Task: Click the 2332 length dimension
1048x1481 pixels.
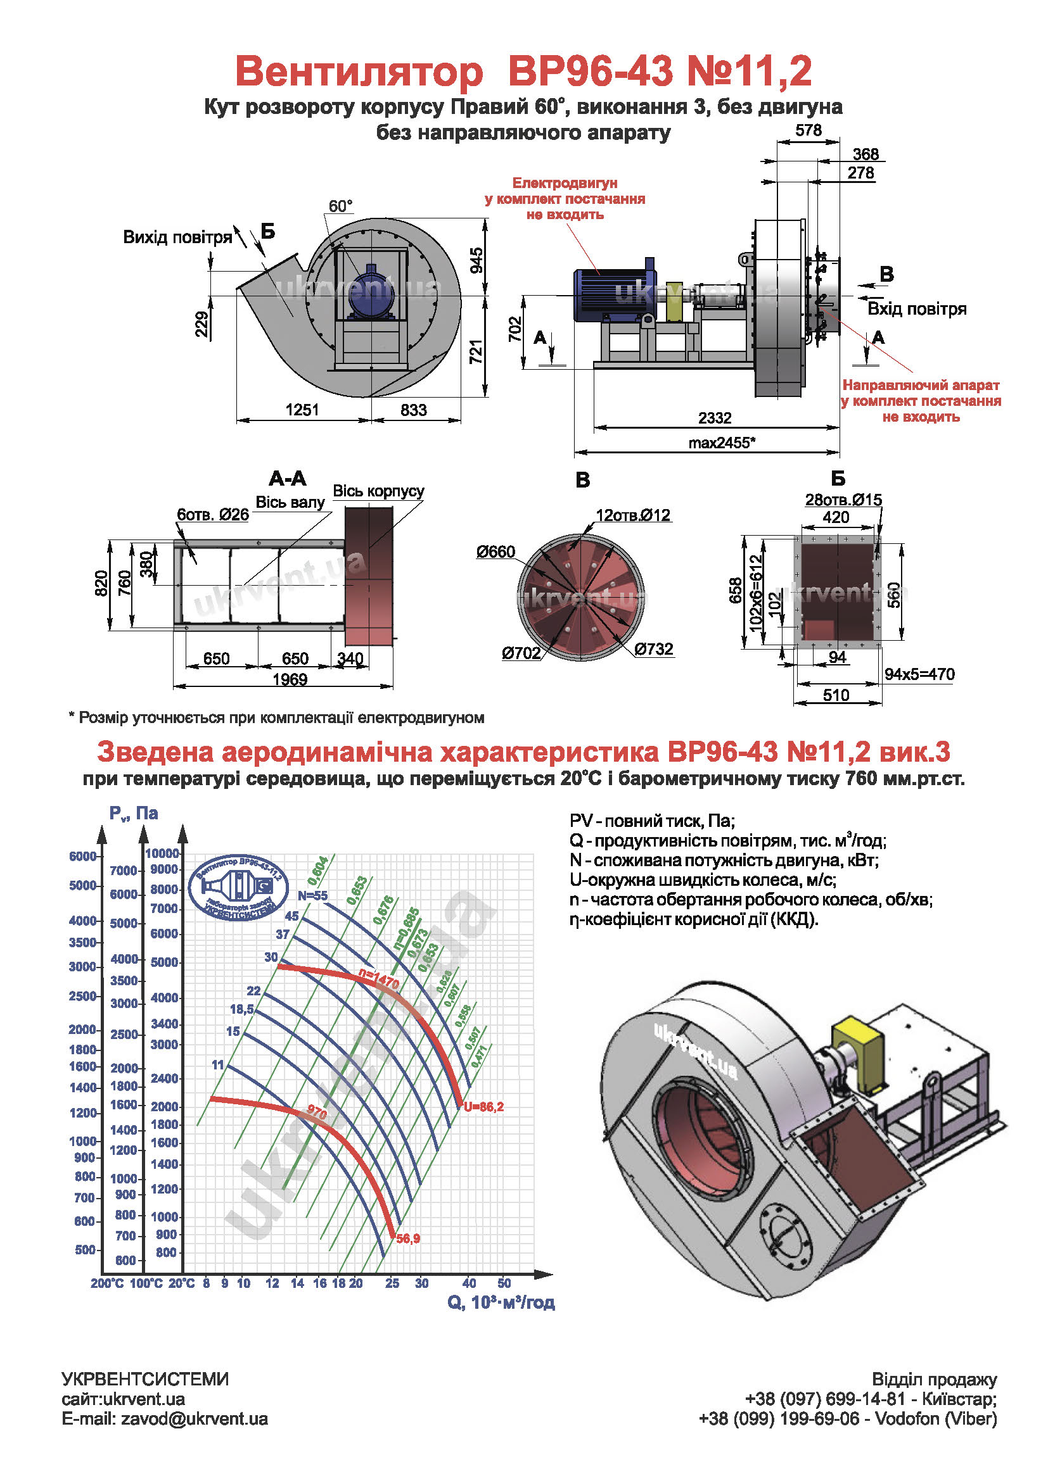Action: click(714, 417)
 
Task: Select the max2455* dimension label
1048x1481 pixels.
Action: click(721, 443)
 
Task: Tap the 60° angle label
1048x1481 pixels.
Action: click(340, 206)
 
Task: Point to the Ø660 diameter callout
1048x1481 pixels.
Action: click(495, 551)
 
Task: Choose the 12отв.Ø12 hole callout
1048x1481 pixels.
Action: click(633, 515)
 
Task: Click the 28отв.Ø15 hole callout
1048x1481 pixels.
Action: click(843, 499)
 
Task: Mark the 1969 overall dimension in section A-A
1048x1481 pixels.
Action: click(290, 679)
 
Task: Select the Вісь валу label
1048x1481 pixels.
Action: click(290, 502)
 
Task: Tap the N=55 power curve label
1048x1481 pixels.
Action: click(312, 895)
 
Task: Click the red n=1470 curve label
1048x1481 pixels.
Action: click(379, 980)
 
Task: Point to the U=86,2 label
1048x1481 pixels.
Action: click(483, 1107)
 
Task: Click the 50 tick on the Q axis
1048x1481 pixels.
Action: click(504, 1283)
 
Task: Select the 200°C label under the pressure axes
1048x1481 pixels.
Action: click(107, 1283)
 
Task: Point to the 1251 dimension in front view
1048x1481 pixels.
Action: click(302, 410)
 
